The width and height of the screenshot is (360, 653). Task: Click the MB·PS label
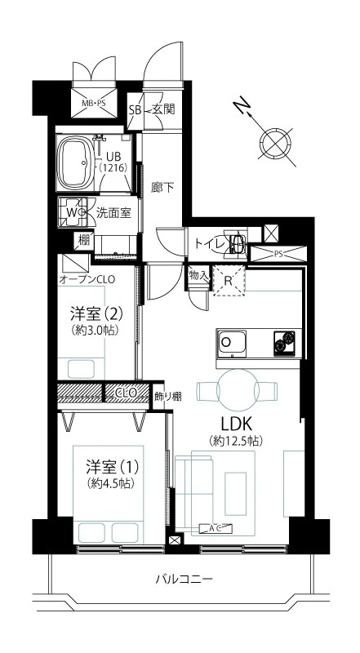point(94,104)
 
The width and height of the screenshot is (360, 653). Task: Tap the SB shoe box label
point(135,110)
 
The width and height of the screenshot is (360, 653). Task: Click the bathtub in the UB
point(76,162)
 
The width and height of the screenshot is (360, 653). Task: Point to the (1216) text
point(113,167)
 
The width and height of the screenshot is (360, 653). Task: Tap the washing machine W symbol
point(72,212)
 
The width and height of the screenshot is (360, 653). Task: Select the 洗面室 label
point(113,213)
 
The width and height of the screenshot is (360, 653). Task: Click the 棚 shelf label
point(84,241)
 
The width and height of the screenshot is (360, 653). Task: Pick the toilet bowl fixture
point(235,242)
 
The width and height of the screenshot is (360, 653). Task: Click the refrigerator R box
point(229,280)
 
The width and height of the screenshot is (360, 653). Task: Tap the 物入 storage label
point(198,275)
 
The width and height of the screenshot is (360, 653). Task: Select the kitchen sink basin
point(231,344)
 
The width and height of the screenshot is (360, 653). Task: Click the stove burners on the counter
point(285,343)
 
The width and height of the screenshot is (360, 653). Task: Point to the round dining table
point(238,390)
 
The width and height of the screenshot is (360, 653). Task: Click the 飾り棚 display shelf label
point(168,396)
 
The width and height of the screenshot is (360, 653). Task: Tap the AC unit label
point(216,528)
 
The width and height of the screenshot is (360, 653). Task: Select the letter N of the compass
point(239,107)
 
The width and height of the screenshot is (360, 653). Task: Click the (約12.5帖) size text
point(236,441)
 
